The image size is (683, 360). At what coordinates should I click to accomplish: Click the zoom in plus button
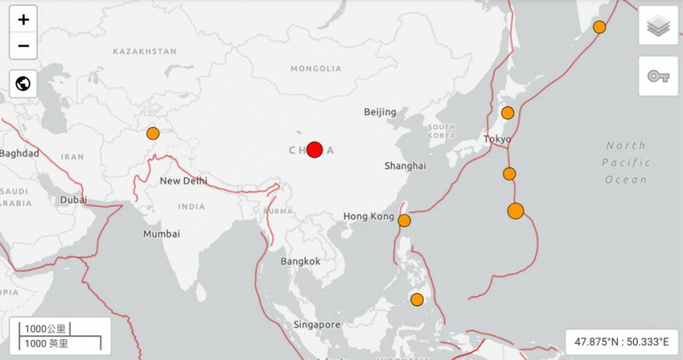23,20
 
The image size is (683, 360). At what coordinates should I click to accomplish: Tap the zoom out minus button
23,45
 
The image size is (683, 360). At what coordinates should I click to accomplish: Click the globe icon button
23,83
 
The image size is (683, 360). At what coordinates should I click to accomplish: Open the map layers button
658,26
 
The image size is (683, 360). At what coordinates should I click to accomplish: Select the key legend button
658,76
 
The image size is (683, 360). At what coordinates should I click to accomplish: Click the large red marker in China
314,150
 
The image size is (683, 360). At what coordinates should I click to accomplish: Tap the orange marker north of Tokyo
508,113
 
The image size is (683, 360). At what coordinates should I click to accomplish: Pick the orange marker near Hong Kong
404,221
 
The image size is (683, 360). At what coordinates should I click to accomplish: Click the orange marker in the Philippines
417,299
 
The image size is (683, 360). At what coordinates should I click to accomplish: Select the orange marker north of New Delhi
153,134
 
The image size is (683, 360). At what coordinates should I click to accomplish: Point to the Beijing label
380,112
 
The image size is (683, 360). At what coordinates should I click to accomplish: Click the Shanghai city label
404,166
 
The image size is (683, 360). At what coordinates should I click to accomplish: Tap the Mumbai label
161,234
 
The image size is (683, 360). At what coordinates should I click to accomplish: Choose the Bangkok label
300,261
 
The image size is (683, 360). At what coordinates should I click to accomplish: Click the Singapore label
316,325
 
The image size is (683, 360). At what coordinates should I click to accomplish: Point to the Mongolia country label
315,69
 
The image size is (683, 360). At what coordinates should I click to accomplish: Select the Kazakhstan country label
145,52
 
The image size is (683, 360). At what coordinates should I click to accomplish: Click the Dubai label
73,200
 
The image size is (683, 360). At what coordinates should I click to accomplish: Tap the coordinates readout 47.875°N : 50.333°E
622,342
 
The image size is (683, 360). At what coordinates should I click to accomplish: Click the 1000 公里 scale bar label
45,329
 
